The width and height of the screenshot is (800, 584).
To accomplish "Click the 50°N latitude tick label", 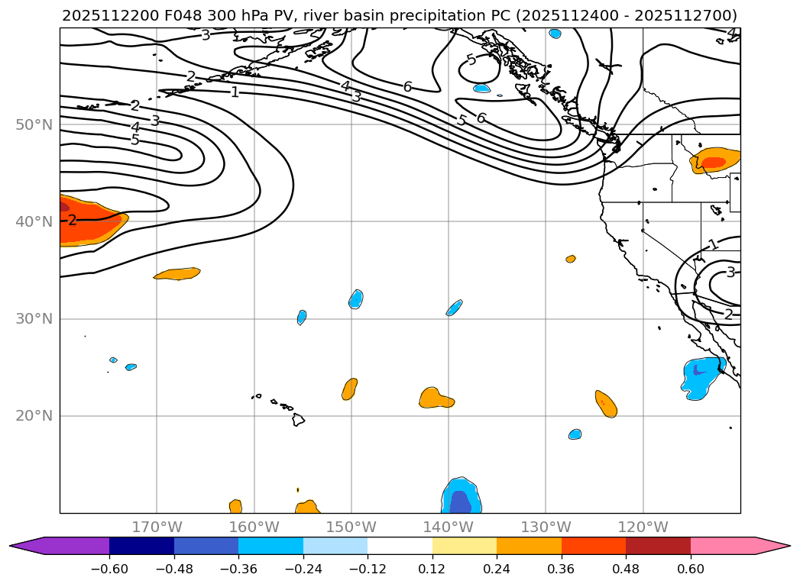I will (x=34, y=124).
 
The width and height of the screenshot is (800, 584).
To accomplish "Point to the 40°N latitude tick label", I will (x=34, y=221).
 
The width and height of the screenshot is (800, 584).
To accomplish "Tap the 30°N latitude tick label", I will (x=34, y=319).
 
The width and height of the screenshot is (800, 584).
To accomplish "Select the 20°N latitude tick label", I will (x=34, y=416).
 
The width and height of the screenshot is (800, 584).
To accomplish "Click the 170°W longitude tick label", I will (x=157, y=527).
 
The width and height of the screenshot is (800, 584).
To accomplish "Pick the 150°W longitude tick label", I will (x=351, y=527).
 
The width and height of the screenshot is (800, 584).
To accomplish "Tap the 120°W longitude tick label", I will (x=643, y=527).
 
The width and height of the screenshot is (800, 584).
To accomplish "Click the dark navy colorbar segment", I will (x=141, y=545).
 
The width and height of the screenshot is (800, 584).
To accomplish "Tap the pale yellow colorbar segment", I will (x=465, y=545).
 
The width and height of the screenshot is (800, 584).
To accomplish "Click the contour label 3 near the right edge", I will (x=730, y=273).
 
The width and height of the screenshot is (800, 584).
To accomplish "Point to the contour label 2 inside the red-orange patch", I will (x=72, y=221).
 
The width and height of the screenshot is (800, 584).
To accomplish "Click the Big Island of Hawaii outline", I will (x=299, y=419).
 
